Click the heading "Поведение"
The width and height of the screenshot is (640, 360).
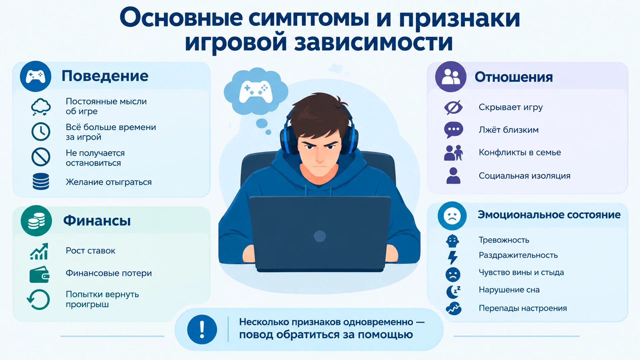tap(105, 76)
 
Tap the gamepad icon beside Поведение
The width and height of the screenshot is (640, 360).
tap(36, 76)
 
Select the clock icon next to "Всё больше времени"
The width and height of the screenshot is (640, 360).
tap(41, 132)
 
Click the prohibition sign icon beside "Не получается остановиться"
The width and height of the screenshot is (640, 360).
tap(41, 157)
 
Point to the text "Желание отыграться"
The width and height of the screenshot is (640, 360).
tap(109, 182)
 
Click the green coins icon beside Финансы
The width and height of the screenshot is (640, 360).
tap(36, 221)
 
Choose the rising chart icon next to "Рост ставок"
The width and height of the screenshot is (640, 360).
tap(39, 251)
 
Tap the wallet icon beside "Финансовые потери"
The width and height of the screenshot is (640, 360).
tap(39, 274)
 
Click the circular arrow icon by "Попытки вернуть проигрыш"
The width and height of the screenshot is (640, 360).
tap(38, 299)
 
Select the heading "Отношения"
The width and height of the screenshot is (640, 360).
tap(514, 77)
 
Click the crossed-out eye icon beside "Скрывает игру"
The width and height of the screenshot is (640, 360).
tap(453, 107)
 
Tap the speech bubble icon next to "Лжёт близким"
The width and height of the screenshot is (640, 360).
tap(453, 130)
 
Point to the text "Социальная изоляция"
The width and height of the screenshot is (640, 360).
tap(524, 176)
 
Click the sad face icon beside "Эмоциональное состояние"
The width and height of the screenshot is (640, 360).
tap(452, 216)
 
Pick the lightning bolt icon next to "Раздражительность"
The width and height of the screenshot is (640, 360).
tap(453, 257)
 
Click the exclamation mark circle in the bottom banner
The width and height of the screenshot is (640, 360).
tap(202, 329)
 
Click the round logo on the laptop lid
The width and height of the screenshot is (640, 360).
tap(320, 236)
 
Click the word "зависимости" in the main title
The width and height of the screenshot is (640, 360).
tap(374, 42)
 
